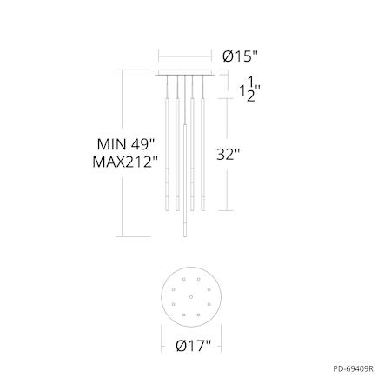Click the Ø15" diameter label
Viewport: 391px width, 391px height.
coord(240,56)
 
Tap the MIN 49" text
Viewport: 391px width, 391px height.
coord(126,144)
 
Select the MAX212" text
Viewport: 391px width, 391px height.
coord(125,162)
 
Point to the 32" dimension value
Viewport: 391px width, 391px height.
coord(229,155)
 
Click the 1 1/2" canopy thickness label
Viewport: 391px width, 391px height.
coord(249,89)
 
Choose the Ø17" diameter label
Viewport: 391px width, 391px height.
coord(194,346)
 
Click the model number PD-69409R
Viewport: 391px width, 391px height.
coord(353,369)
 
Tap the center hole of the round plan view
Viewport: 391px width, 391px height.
coord(191,297)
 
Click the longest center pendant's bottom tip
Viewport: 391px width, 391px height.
coord(185,236)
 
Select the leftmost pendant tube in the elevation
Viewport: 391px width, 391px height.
coord(167,155)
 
